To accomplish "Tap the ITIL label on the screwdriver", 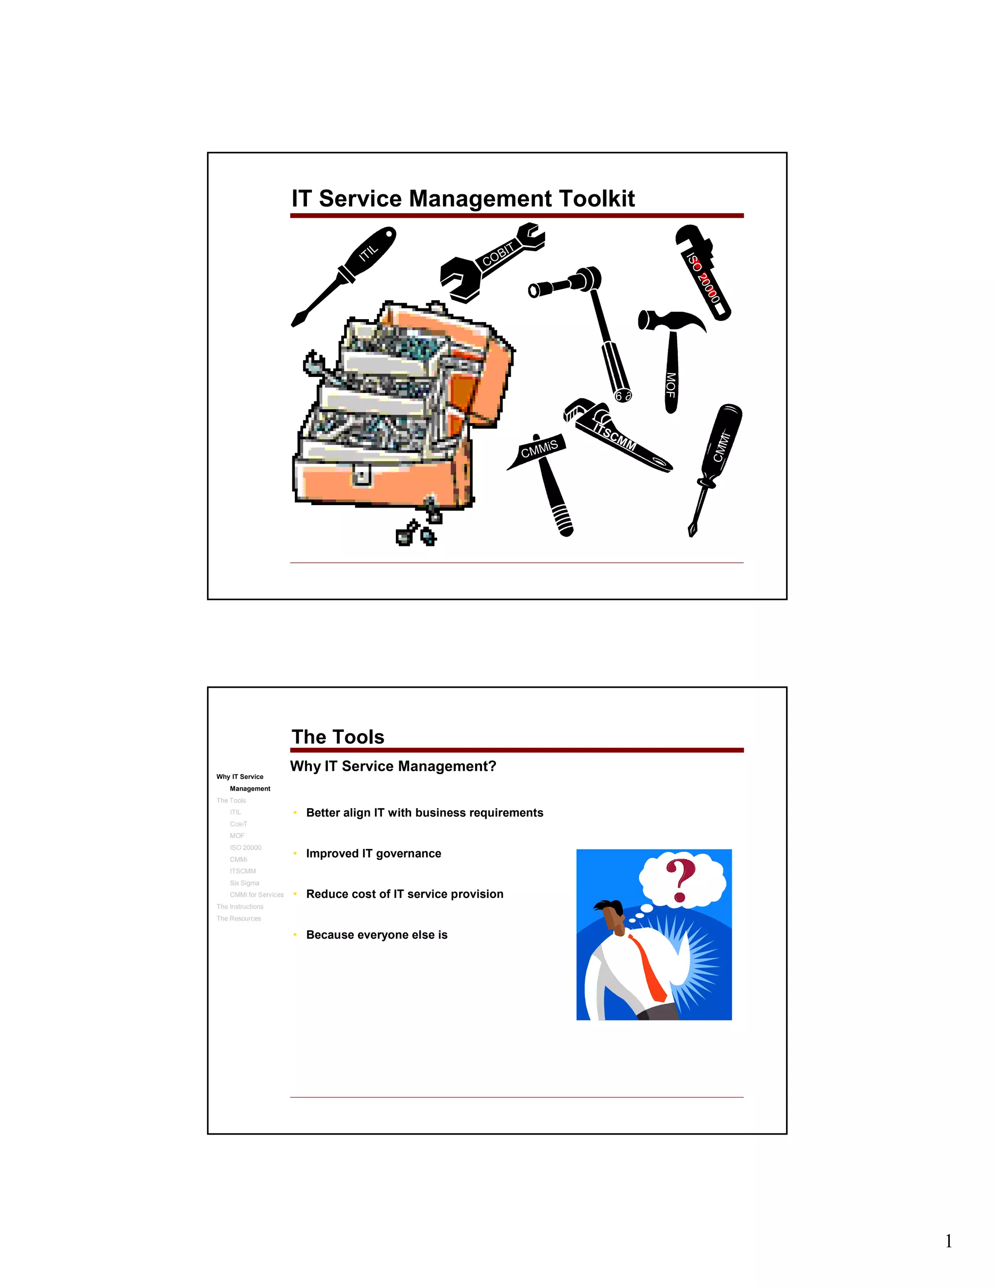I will click(x=368, y=254).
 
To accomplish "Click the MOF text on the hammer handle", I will click(x=670, y=384).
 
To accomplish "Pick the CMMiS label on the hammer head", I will click(x=539, y=450).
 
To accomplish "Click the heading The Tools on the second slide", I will click(x=338, y=737).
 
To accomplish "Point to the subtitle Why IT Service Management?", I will click(x=393, y=766).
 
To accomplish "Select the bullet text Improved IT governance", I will click(x=373, y=853).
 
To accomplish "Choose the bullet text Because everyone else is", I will click(x=377, y=934).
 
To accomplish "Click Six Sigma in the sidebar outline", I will click(x=244, y=883).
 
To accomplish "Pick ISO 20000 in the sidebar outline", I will click(x=245, y=847).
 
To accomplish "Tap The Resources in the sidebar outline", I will click(x=238, y=918).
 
